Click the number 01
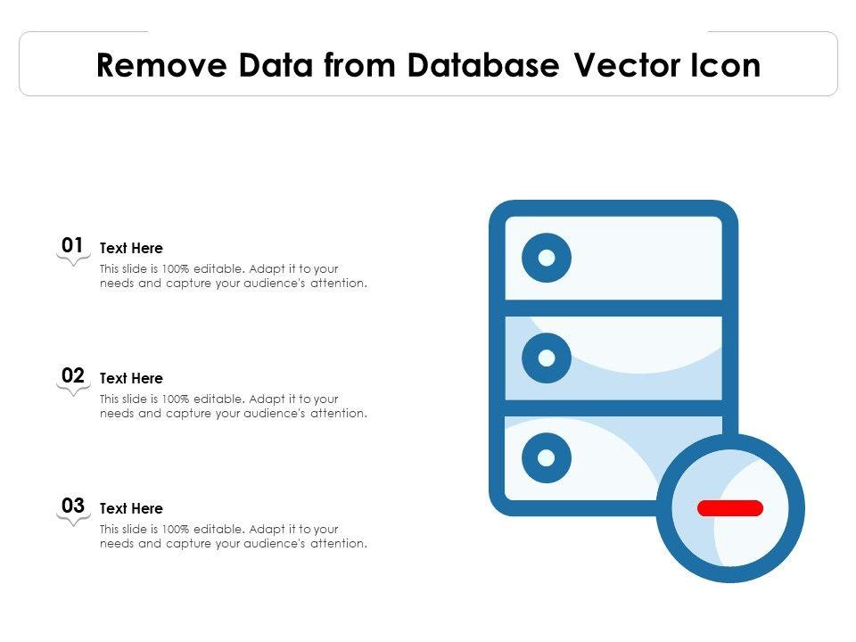73,245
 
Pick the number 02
73,375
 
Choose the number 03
73,506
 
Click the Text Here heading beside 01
131,249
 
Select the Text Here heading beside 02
131,379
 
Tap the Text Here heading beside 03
131,509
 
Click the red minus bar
730,508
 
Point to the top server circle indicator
547,258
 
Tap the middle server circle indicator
547,358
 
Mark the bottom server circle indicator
547,457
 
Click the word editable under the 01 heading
219,268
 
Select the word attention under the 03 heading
338,543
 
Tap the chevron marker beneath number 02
73,391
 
